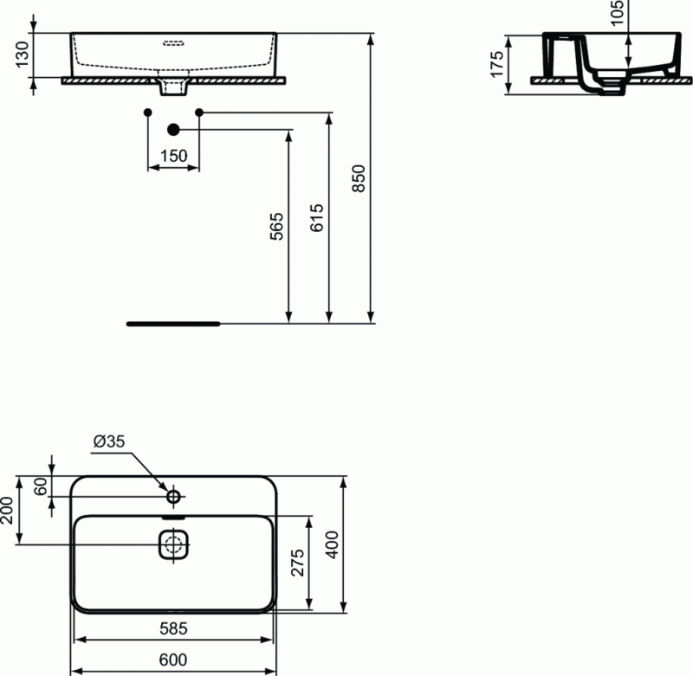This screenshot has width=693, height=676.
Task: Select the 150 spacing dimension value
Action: point(173,156)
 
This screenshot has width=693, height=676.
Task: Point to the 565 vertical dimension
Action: point(277,225)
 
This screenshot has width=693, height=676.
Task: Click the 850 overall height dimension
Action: point(362,178)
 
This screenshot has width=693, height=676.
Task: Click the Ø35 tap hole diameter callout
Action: point(109,441)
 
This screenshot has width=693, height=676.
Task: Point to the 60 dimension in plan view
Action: point(40,486)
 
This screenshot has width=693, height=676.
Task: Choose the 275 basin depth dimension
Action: point(298,564)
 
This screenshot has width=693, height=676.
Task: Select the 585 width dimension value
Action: point(173,627)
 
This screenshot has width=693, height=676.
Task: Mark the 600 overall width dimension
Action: point(173,659)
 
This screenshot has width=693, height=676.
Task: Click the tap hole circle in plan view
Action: point(173,496)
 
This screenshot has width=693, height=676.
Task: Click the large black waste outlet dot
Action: point(173,130)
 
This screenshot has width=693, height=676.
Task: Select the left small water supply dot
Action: point(147,113)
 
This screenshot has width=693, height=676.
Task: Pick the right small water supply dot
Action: point(199,113)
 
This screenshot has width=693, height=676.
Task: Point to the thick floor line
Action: point(173,323)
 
